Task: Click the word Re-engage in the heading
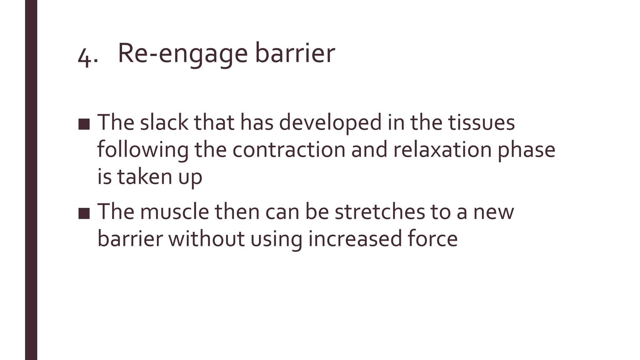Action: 183,54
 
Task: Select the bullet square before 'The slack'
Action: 84,124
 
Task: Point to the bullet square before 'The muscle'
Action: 84,213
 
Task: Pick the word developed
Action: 330,123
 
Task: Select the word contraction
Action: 289,149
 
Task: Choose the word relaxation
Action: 442,149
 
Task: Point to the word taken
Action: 144,176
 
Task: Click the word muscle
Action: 174,212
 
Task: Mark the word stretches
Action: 380,212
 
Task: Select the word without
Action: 207,239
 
